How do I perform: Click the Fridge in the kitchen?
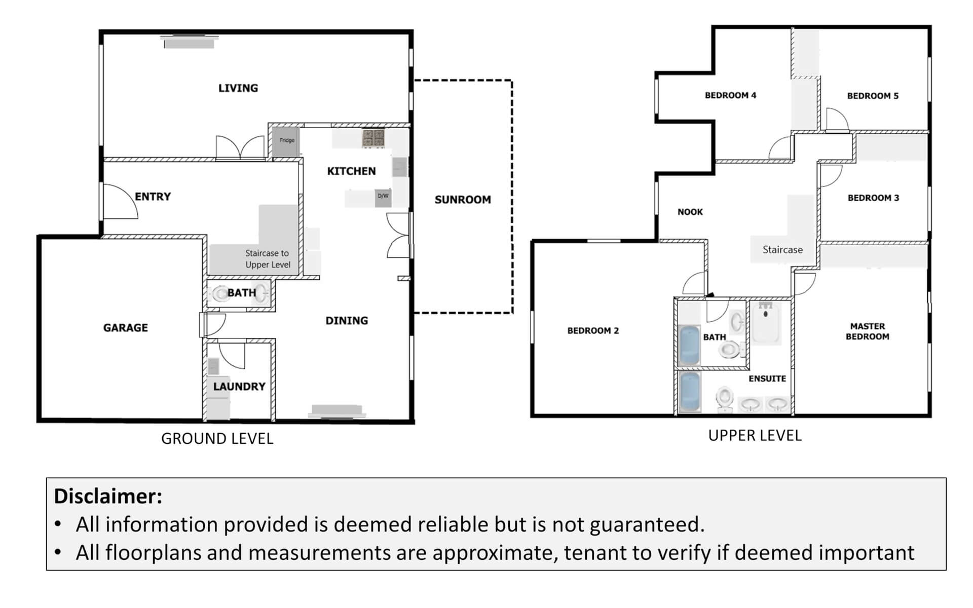[x=286, y=140]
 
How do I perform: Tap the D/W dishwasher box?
[x=383, y=198]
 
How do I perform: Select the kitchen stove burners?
[x=373, y=138]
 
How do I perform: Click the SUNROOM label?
[x=463, y=200]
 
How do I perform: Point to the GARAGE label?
[x=126, y=328]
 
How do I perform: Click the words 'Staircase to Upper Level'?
[x=268, y=259]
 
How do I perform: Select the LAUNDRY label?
[x=239, y=387]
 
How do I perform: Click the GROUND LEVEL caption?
[x=217, y=439]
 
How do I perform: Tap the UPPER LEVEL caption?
[x=755, y=436]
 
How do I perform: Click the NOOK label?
[x=690, y=212]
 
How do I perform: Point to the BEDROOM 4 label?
[x=730, y=95]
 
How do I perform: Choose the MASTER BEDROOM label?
[x=868, y=331]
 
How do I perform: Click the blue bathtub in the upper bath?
[x=689, y=346]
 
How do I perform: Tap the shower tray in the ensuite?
[x=765, y=322]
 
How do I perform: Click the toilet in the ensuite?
[x=725, y=399]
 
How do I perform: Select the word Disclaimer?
[x=108, y=496]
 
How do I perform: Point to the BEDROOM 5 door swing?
[x=837, y=120]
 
